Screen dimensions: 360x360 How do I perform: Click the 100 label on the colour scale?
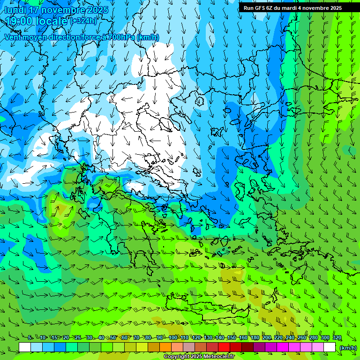173,337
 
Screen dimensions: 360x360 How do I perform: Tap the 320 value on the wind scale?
337,337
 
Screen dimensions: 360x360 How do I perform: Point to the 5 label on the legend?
30,337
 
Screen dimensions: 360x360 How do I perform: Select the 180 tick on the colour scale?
255,337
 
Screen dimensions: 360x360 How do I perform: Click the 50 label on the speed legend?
113,337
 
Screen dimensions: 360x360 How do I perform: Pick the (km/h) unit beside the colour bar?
347,347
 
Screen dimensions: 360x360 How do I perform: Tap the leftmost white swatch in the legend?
25,347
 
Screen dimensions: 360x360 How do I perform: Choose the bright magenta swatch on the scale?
283,347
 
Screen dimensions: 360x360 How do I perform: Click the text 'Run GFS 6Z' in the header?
258,8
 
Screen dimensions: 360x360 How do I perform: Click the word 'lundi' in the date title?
15,10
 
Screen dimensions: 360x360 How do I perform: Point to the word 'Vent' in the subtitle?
14,37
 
